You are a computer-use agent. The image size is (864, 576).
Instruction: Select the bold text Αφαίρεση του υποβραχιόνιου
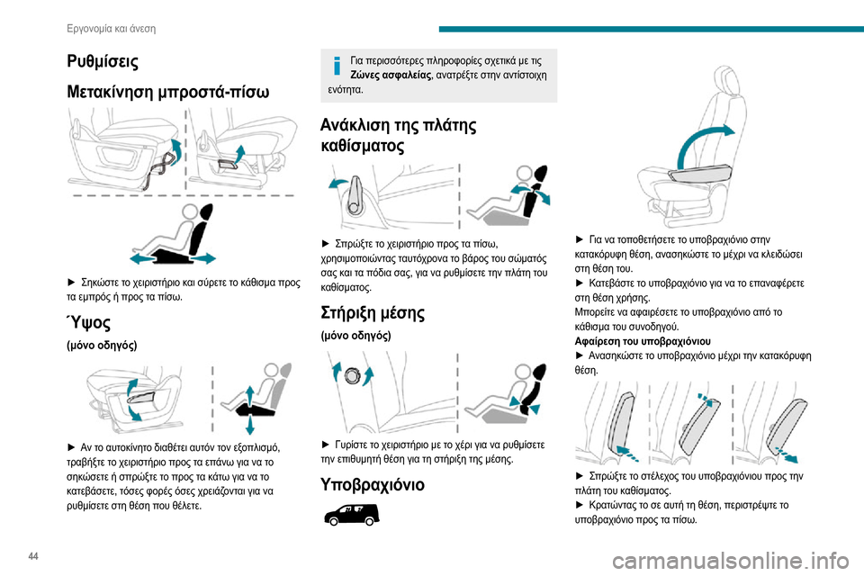pyautogui.click(x=642, y=341)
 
